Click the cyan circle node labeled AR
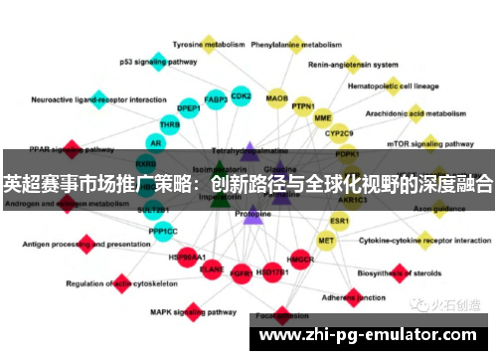pyautogui.click(x=154, y=143)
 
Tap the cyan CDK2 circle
pyautogui.click(x=241, y=96)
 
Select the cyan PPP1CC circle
pyautogui.click(x=163, y=231)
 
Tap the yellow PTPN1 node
pyautogui.click(x=303, y=106)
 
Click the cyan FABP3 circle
pyautogui.click(x=216, y=99)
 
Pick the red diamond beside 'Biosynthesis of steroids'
pyautogui.click(x=400, y=270)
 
